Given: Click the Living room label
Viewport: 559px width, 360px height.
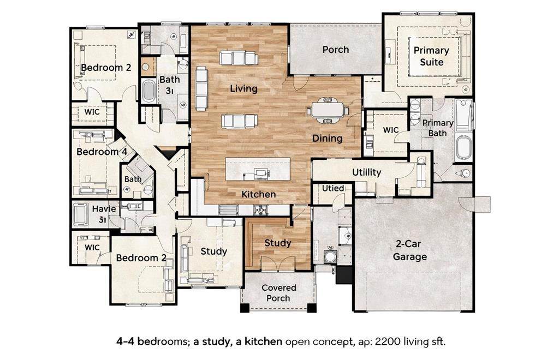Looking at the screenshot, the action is pos(243,88).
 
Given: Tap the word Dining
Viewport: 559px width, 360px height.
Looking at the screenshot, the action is pos(328,139).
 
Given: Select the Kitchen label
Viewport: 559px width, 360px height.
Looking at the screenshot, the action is pos(258,194).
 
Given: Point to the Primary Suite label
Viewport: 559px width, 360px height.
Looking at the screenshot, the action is pos(431,56).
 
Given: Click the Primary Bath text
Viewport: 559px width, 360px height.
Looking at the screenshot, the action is pos(438,128).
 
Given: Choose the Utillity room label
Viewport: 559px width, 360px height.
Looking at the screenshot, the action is pos(366,172).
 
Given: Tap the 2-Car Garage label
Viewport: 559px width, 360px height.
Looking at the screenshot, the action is pos(409,250).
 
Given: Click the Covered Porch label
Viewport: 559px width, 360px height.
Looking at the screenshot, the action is pos(279,293).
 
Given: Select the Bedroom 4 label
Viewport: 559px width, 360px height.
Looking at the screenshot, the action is pos(102,152).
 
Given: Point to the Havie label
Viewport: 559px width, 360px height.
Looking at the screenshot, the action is pos(104,209).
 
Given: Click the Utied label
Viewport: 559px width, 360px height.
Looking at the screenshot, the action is pos(333,188).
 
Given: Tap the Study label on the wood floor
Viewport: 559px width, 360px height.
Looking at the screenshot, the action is pos(278,243).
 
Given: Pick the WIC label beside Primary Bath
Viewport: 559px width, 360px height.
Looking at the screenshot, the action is pos(391,130).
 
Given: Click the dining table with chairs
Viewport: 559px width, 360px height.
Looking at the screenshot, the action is pos(328,110).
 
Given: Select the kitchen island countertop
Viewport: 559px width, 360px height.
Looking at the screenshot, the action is pos(258,169).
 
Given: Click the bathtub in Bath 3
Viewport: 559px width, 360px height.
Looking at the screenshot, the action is pos(147,91).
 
